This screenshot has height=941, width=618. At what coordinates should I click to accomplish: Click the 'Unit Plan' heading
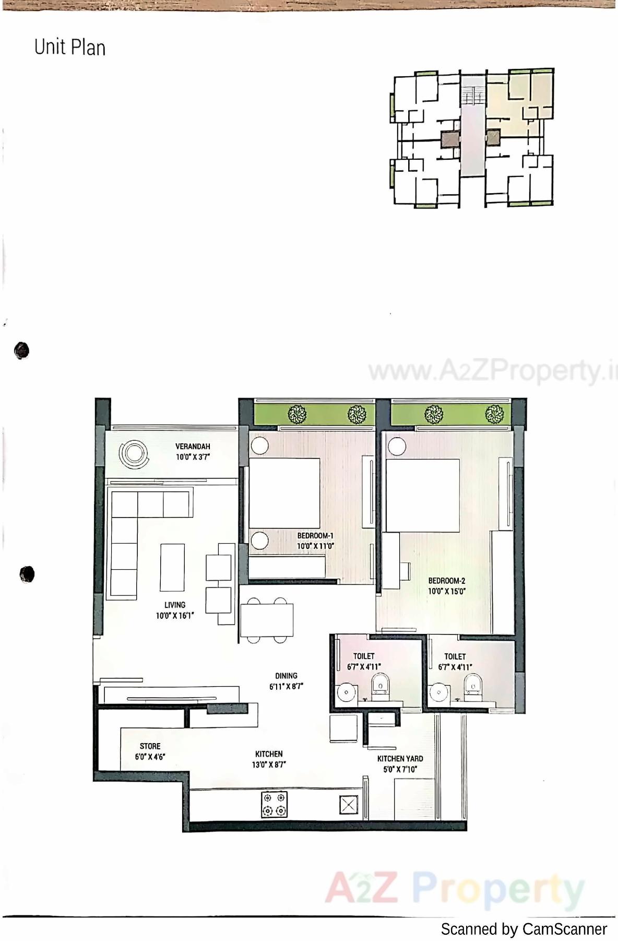pos(70,48)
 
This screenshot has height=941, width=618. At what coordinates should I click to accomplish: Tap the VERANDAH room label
pos(193,446)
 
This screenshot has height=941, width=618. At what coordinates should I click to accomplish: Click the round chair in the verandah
pos(133,454)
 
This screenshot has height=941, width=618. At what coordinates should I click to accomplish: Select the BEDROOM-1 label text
pos(315,536)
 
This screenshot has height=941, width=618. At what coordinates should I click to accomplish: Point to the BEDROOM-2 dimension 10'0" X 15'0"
pos(447,592)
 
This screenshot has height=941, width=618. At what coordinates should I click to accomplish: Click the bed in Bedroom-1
pos(284,493)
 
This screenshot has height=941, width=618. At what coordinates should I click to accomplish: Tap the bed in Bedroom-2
pos(422,495)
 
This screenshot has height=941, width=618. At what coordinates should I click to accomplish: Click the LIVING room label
pos(175,605)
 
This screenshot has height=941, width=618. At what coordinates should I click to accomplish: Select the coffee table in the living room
pos(172,568)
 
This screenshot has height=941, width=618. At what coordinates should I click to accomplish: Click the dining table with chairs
pos(267,620)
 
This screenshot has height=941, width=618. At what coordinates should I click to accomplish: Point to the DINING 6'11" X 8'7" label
pos(286,681)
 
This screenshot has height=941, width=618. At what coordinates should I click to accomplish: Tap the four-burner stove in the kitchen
pos(275,804)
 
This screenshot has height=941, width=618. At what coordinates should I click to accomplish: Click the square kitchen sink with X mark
pos(348,805)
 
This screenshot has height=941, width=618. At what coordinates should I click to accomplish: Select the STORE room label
pos(150,746)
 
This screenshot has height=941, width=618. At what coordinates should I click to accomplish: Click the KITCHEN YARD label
pos(400,759)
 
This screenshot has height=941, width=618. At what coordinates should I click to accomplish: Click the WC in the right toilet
pos(473,685)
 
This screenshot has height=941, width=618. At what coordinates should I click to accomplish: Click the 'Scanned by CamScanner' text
pos(524,930)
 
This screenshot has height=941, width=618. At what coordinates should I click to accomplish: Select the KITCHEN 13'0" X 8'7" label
pos(269,759)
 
